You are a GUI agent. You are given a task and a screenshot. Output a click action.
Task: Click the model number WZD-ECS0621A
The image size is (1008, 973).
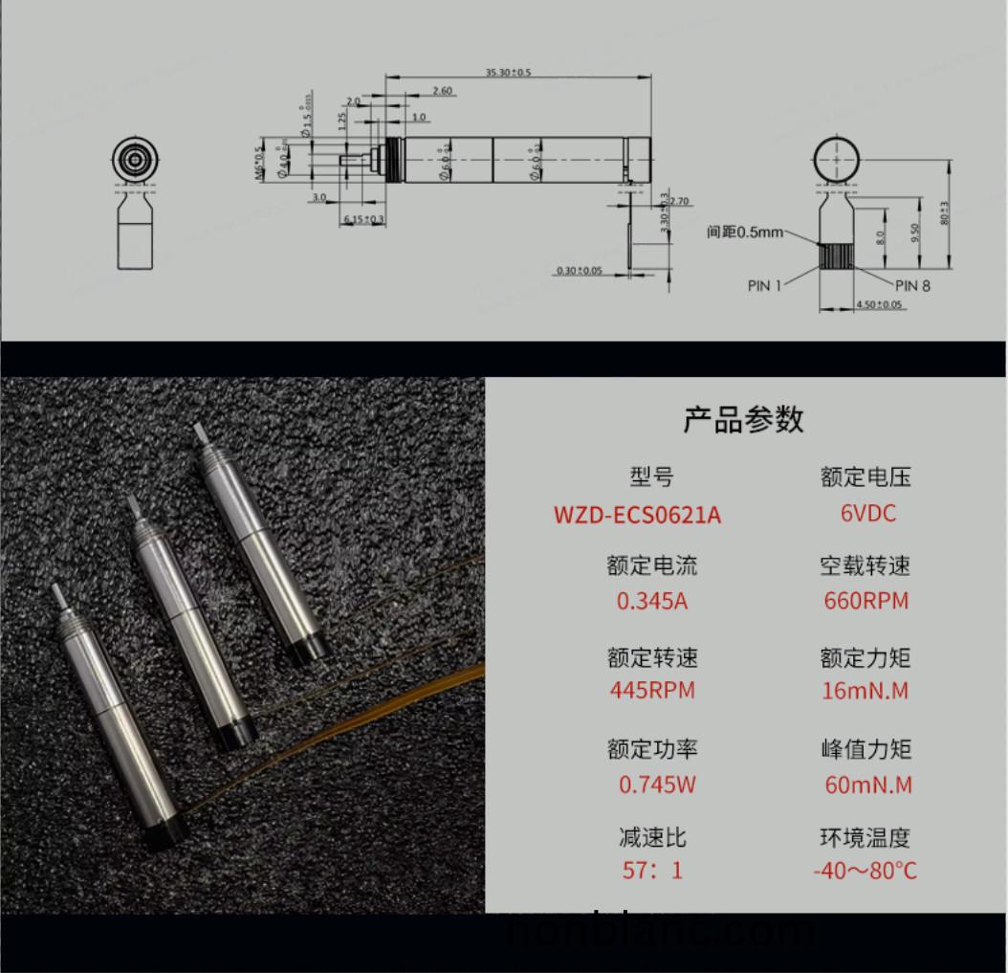point(637,515)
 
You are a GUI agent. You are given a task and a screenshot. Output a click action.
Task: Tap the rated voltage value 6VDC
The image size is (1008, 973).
point(867,513)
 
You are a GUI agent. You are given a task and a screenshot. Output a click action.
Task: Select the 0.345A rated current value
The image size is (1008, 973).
point(652,601)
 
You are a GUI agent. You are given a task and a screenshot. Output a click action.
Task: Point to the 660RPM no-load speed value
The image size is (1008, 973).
point(866,601)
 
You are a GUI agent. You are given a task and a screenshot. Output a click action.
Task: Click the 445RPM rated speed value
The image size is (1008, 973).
point(652,690)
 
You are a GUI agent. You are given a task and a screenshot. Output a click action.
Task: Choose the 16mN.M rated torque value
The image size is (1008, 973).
point(866,690)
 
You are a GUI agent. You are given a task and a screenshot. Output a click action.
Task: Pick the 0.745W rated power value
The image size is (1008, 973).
point(656,785)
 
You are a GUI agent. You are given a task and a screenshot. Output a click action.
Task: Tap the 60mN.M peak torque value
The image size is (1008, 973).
point(867,785)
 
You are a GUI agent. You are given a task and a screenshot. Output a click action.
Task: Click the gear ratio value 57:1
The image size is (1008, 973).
point(652,871)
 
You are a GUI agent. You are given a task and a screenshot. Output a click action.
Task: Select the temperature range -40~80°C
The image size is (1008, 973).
point(865,871)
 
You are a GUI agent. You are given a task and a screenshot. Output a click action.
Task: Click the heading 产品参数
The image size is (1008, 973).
point(743,419)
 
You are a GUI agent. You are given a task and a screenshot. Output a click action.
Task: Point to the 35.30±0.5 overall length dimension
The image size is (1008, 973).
point(507,73)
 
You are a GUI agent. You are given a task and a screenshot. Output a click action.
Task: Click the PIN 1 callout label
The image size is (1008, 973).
point(764,285)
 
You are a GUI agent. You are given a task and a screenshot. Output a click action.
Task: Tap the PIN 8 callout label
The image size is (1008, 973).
point(912,285)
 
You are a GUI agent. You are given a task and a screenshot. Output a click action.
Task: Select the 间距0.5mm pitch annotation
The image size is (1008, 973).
point(745,232)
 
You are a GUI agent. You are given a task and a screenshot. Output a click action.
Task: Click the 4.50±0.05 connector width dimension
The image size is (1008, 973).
point(878,304)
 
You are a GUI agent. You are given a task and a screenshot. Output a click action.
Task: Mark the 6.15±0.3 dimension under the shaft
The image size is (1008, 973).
point(363,220)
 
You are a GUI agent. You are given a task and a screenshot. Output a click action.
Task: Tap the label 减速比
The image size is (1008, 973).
point(652,838)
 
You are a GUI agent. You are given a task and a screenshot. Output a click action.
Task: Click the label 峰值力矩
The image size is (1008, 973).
point(866,749)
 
